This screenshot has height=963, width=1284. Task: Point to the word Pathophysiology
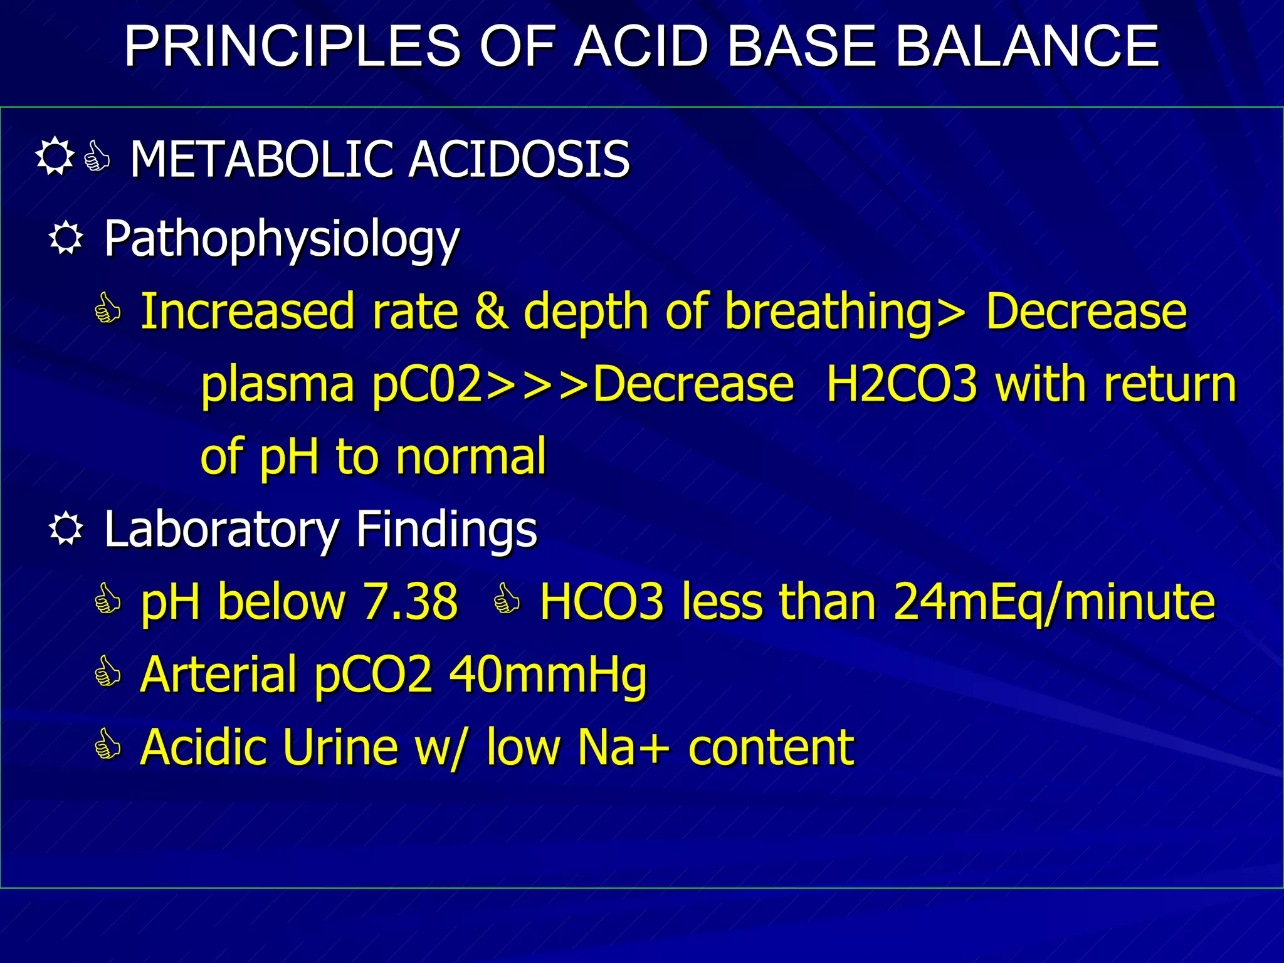282,240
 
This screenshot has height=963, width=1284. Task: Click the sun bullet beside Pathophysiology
66,239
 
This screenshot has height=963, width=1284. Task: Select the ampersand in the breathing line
491,311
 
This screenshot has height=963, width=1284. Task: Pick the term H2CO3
902,384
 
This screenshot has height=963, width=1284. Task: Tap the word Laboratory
221,530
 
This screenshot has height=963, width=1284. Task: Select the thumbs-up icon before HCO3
507,599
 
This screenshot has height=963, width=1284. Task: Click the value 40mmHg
548,676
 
